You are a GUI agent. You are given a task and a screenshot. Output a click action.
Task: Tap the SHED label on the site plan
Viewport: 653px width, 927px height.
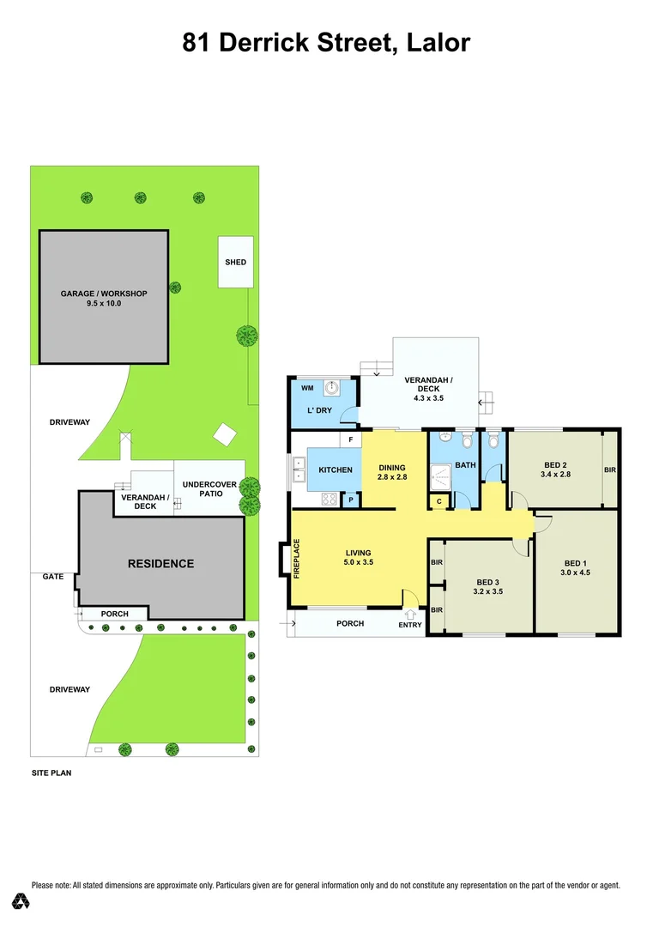pos(235,262)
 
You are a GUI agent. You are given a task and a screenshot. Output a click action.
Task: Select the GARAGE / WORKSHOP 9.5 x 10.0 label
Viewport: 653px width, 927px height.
pos(104,299)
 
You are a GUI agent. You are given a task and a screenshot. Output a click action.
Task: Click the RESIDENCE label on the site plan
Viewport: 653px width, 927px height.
pos(160,564)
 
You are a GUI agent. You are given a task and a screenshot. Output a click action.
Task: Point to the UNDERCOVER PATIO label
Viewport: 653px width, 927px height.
pos(209,489)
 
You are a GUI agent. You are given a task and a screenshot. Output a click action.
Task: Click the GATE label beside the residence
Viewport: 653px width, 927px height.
pos(53,577)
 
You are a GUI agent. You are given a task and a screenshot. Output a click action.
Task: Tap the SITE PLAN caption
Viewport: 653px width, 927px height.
pos(51,772)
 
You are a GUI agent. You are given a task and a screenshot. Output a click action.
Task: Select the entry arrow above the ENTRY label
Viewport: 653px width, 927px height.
pos(410,614)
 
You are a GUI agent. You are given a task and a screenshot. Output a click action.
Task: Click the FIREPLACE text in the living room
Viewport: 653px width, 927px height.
pos(297,558)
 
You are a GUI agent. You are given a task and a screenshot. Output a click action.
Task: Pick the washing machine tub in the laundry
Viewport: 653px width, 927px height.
pos(330,387)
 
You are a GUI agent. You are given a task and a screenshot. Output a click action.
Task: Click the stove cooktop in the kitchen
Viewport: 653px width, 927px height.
pos(330,499)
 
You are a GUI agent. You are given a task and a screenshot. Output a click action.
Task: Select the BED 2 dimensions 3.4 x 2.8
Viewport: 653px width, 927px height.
pos(555,474)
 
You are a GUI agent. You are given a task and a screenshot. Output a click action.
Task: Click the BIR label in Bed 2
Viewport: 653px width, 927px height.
pos(609,470)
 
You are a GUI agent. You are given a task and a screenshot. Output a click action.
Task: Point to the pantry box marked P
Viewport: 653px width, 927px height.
pos(350,500)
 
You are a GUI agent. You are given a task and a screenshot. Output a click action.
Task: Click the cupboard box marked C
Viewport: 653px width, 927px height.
pos(438,500)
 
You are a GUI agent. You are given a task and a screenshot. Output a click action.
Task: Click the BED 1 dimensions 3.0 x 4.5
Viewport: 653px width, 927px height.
pos(575,572)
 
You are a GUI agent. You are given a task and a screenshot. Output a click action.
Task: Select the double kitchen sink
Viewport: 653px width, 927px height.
pos(298,470)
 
